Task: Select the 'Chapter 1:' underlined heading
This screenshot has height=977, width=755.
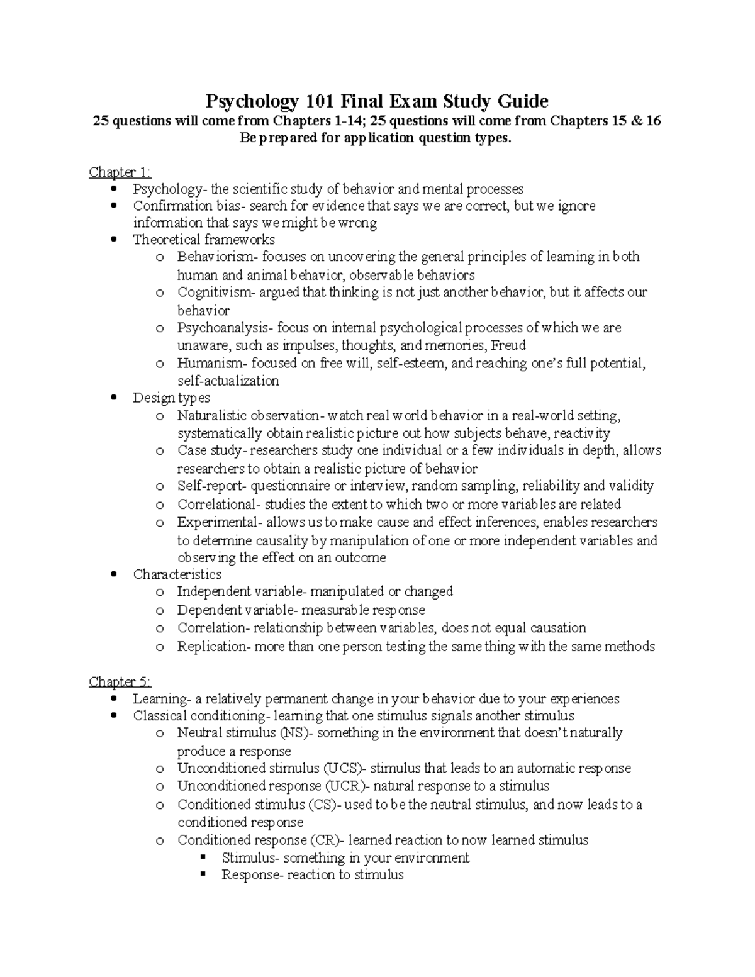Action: tap(120, 172)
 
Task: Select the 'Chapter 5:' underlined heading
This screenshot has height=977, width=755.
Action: tap(120, 681)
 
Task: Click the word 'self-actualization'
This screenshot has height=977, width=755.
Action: tap(228, 381)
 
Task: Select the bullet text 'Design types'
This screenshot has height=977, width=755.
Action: tap(171, 398)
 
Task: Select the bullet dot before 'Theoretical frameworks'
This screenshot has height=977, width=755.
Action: tap(113, 240)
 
